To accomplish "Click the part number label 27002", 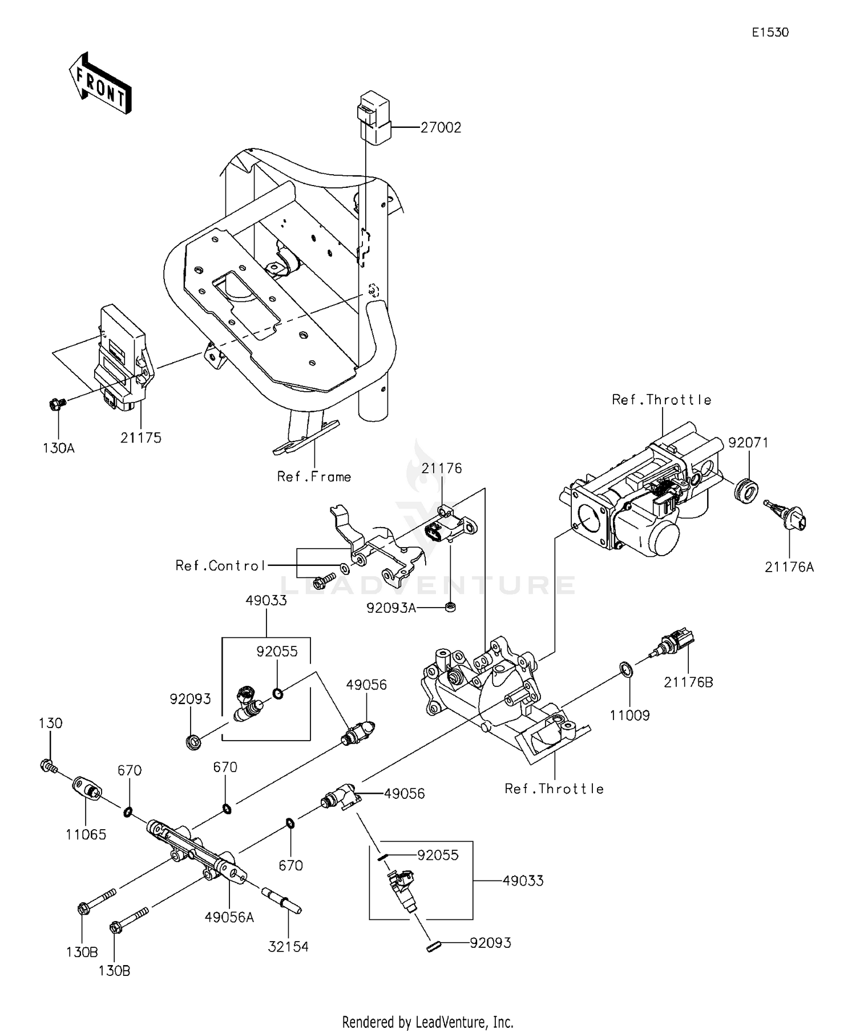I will click(441, 128).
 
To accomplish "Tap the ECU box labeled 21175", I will click(122, 356).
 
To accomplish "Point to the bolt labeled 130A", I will click(56, 404).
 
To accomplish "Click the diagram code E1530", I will click(770, 33).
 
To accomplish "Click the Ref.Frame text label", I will click(314, 476).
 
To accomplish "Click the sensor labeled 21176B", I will click(676, 643).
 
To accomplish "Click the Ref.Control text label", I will click(220, 565).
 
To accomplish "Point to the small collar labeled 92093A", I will click(450, 607).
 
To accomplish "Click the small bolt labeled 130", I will click(48, 766).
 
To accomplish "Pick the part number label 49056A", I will click(229, 917).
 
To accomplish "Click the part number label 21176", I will click(442, 468).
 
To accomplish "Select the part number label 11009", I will click(630, 715).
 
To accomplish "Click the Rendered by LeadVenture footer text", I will click(427, 1022).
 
